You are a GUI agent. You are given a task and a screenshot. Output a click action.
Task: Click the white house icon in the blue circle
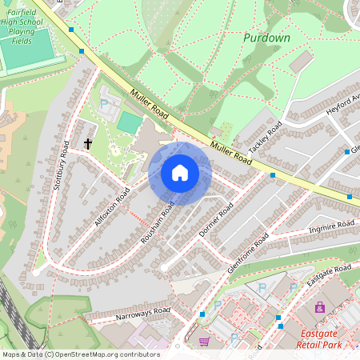[180, 173]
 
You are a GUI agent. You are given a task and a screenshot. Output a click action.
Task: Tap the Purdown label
[266, 38]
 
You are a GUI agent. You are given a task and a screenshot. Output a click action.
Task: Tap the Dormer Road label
[216, 219]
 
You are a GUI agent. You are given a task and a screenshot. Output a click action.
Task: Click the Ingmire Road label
[331, 228]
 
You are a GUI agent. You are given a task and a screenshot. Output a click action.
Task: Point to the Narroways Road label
[141, 314]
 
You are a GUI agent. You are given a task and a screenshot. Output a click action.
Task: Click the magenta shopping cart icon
[204, 341]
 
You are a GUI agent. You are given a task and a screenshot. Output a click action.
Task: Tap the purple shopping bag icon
[320, 307]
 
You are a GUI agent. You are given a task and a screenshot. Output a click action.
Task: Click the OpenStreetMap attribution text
[80, 354]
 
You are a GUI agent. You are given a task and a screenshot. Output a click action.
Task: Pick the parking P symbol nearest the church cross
[104, 104]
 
